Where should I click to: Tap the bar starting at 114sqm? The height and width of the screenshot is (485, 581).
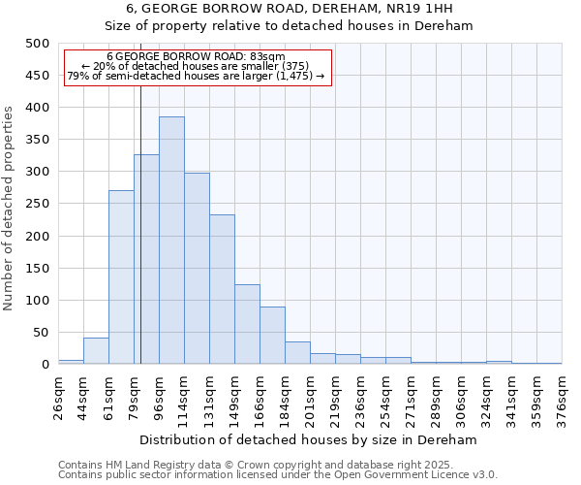pyautogui.click(x=197, y=269)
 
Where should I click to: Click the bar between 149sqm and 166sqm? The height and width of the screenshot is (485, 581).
pyautogui.click(x=247, y=324)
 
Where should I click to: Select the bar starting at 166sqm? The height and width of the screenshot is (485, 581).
pyautogui.click(x=272, y=336)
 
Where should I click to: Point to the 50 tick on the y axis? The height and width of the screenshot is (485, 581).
pyautogui.click(x=42, y=333)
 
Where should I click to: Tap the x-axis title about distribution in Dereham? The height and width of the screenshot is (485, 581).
pyautogui.click(x=310, y=439)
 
